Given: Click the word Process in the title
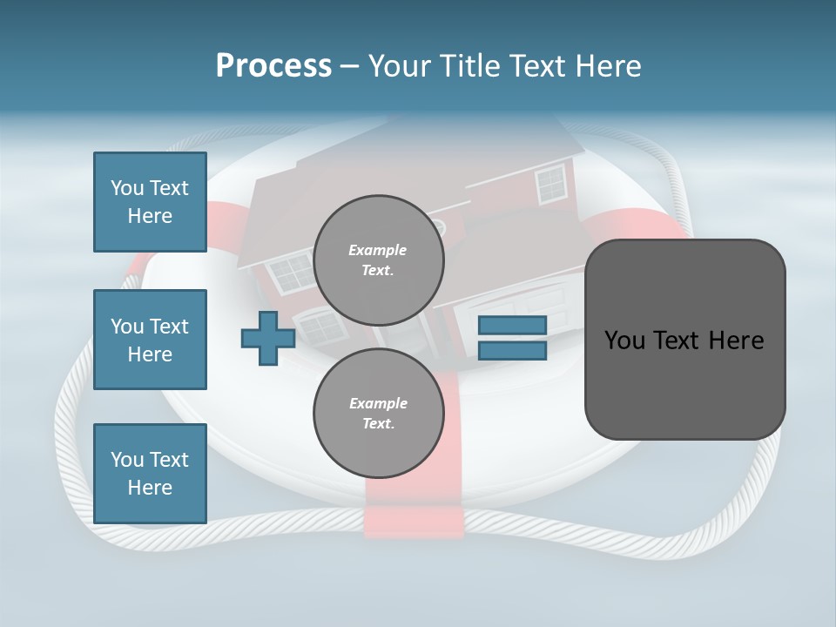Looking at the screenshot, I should click(273, 66).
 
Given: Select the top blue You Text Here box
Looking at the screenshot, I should click(150, 202).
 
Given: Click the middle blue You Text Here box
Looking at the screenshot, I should click(150, 340).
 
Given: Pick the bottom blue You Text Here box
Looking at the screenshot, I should click(150, 474).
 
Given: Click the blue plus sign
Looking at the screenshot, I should click(267, 339).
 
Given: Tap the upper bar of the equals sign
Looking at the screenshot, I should click(512, 325).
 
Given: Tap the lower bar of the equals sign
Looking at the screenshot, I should click(512, 351).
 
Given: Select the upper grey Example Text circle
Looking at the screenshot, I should click(378, 260).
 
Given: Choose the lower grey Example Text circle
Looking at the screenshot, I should click(378, 413).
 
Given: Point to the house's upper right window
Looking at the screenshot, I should click(550, 184).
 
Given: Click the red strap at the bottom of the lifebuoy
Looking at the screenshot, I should click(413, 519).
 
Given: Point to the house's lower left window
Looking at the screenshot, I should click(322, 327).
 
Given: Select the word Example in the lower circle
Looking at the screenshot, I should click(378, 403).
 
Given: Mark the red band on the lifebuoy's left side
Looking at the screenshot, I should click(218, 228).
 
